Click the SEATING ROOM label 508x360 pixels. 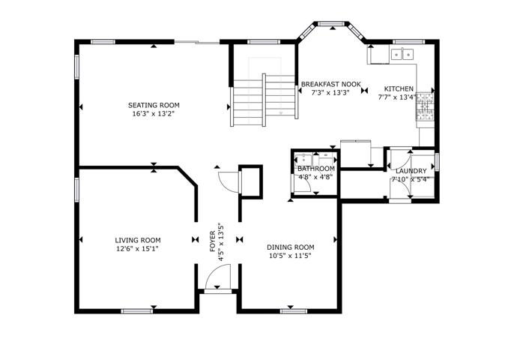click(x=154, y=106)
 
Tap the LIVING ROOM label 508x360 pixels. click(x=138, y=240)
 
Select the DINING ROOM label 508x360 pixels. click(x=290, y=247)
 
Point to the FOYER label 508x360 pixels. click(x=213, y=241)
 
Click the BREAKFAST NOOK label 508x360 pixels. click(x=330, y=84)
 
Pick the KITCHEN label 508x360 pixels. click(x=399, y=88)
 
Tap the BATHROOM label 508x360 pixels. click(x=316, y=169)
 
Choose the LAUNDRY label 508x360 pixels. click(x=411, y=171)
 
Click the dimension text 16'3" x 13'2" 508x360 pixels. click(x=154, y=114)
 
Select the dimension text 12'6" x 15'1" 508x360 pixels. click(x=137, y=249)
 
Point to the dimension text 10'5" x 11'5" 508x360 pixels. click(x=290, y=256)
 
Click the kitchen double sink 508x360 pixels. click(x=402, y=54)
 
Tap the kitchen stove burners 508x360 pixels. click(x=425, y=106)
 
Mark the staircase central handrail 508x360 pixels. click(x=264, y=100)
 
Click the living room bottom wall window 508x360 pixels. click(x=136, y=311)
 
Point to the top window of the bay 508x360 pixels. click(x=330, y=24)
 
